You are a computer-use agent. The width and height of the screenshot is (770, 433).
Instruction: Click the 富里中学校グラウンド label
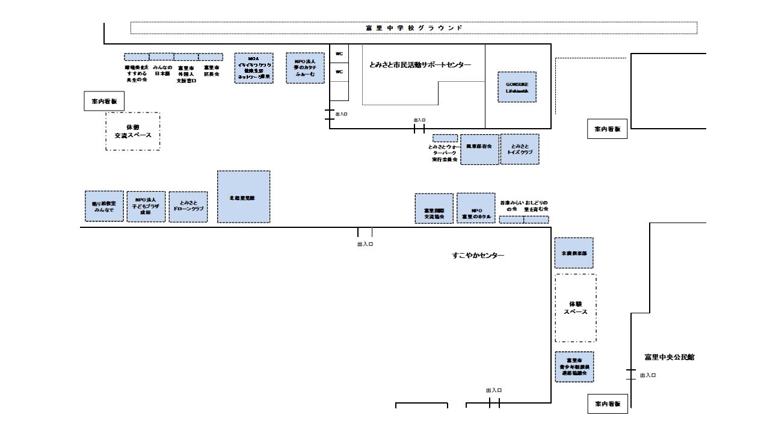tap(414, 28)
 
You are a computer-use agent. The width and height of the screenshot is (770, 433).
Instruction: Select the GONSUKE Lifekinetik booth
tap(517, 87)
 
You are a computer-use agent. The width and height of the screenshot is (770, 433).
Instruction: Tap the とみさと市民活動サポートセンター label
tap(420, 64)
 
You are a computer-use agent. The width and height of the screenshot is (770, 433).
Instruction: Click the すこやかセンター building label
tap(478, 256)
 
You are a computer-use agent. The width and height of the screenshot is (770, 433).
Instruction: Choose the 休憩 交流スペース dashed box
tap(133, 131)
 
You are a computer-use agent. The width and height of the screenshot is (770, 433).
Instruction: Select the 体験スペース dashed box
tap(576, 308)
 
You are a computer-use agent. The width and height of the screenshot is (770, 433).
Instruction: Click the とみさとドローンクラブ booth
tap(188, 207)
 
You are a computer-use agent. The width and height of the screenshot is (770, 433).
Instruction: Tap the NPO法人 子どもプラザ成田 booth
tap(146, 206)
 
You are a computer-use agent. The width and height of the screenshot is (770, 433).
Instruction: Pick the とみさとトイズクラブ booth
tap(520, 149)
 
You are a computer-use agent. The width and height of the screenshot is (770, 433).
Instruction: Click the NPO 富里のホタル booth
tap(476, 209)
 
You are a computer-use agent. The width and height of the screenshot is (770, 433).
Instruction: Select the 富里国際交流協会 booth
tap(434, 209)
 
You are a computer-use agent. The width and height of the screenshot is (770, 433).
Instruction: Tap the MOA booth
tap(253, 67)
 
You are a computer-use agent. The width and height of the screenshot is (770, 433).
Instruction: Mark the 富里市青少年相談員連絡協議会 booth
tap(574, 367)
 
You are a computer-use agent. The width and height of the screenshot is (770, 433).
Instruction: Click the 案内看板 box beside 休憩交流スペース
tap(103, 102)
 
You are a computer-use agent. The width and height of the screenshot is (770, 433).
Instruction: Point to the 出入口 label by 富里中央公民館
tap(648, 375)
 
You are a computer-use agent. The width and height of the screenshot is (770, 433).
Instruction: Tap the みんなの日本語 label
tap(162, 70)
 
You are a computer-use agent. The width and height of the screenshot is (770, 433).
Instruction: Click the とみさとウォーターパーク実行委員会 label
tap(445, 153)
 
